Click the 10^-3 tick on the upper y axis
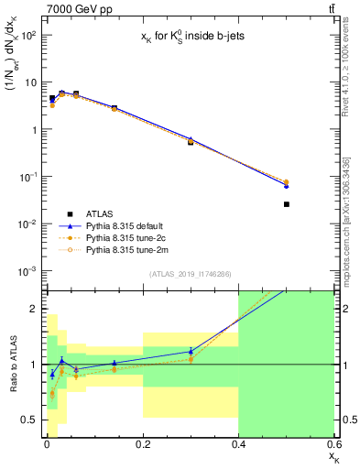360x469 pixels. pos(27,271)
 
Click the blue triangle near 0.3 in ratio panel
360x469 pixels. pos(191,351)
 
